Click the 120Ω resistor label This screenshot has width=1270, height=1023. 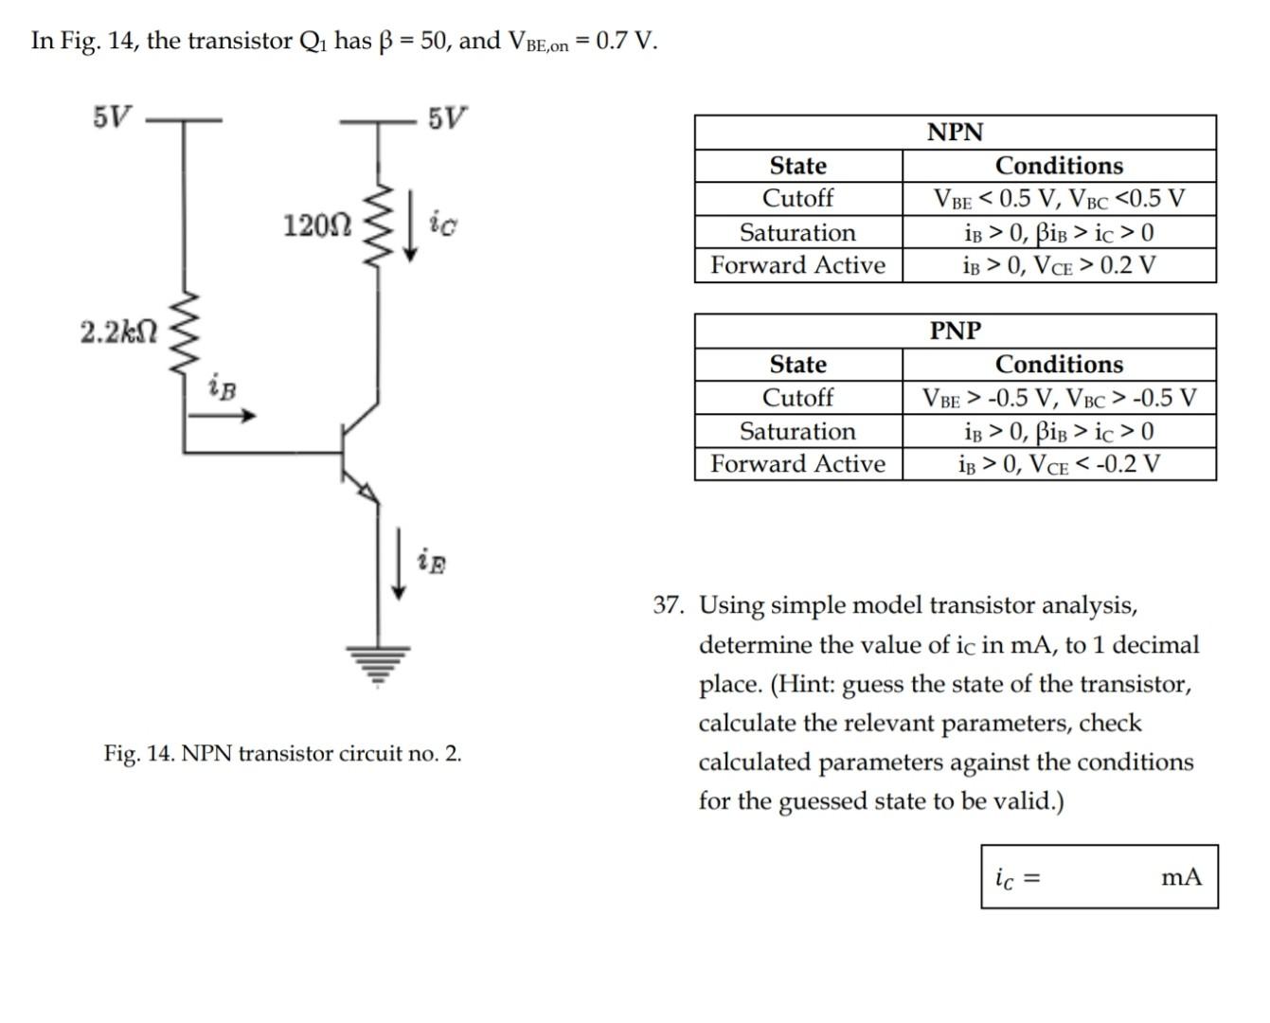tap(317, 225)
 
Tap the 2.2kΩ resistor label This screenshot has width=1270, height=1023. tap(118, 332)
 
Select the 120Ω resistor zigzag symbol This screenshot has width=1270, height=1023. tap(379, 226)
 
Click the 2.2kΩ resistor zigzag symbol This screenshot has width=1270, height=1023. tap(183, 333)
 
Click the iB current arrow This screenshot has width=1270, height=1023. tap(234, 415)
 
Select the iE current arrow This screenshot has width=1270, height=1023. tap(401, 565)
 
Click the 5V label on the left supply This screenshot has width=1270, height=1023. tap(113, 117)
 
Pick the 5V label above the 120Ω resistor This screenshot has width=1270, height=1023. tap(446, 119)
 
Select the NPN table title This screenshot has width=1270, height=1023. tap(955, 133)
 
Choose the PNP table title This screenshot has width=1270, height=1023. tap(955, 331)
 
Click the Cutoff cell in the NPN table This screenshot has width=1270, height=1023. tap(797, 199)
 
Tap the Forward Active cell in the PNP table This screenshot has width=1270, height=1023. tap(797, 464)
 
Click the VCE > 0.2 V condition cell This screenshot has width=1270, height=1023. tap(1059, 266)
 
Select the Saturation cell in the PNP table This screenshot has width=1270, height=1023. tap(797, 432)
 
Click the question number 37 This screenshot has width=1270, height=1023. tap(668, 605)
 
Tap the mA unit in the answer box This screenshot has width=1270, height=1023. tap(1181, 877)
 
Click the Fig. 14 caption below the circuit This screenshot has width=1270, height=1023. tap(282, 754)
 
